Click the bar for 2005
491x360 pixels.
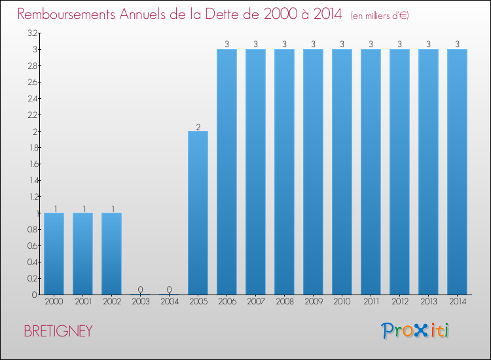[198, 213]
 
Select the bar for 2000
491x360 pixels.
[54, 253]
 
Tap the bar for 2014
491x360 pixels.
[457, 171]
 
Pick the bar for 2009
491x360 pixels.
[313, 171]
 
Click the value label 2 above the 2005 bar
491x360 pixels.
[198, 127]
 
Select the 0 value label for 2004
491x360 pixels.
[169, 290]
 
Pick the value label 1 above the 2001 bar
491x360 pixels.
[82, 209]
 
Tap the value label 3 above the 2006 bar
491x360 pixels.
[227, 45]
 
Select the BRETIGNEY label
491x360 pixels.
[58, 331]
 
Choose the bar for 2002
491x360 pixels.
[111, 253]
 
